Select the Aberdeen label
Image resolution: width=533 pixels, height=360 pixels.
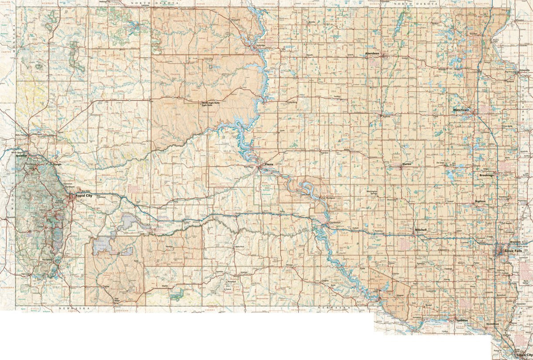click(372, 53)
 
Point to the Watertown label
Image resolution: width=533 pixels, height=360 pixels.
click(462, 109)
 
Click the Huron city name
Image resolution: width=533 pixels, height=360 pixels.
click(407, 164)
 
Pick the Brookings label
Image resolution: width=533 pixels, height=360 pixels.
click(486, 175)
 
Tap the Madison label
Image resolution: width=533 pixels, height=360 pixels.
click(480, 201)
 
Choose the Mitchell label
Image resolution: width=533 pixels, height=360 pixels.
click(420, 229)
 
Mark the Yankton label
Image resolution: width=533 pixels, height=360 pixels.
click(461, 320)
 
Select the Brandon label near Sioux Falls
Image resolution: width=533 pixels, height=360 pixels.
click(516, 242)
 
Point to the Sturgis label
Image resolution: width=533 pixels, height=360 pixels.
click(57, 164)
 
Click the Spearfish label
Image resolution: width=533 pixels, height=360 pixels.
click(21, 156)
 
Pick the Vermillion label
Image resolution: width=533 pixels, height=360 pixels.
click(493, 324)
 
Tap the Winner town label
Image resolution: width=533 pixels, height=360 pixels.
click(290, 265)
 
